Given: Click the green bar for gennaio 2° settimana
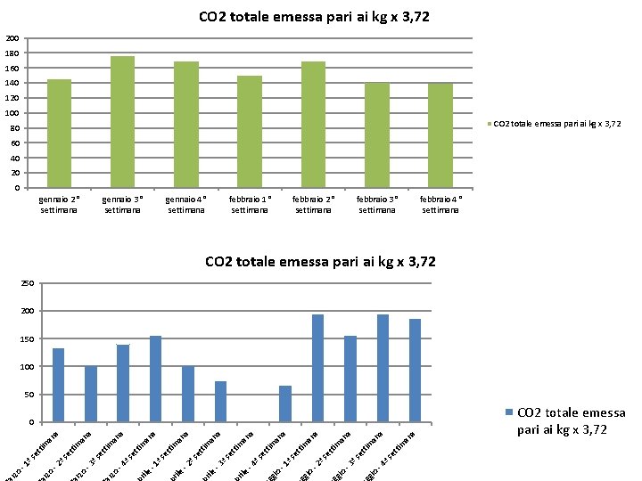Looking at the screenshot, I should click(x=59, y=134).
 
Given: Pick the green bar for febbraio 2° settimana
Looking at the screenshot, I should click(x=313, y=125).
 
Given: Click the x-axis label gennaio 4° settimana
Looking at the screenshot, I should click(x=186, y=205).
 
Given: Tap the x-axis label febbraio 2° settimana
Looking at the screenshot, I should click(x=313, y=205).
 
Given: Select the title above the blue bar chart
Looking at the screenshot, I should click(x=320, y=261).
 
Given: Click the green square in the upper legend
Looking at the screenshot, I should click(x=490, y=124).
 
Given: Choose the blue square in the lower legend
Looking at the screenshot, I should click(x=510, y=412).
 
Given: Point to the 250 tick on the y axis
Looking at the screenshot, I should click(x=28, y=283).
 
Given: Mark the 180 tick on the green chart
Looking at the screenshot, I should click(x=12, y=53).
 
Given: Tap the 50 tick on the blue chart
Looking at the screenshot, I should click(x=29, y=395).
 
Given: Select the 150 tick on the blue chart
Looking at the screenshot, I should click(x=28, y=339).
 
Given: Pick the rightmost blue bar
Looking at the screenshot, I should click(x=415, y=370).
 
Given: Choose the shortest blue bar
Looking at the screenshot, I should click(x=284, y=404).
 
